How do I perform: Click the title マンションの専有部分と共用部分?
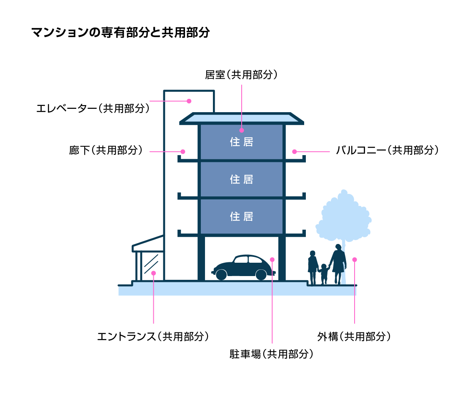(121, 33)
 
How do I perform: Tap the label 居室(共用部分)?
(241, 75)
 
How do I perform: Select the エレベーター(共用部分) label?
(93, 108)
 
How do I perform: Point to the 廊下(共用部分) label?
(106, 150)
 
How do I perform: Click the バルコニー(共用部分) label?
(387, 150)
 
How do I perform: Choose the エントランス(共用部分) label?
(153, 337)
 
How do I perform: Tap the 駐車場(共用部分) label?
(271, 354)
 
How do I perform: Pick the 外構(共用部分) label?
(354, 337)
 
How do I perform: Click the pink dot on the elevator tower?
(189, 101)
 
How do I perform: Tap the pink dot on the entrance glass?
(153, 273)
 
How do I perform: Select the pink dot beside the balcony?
(295, 152)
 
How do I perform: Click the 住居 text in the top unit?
(242, 142)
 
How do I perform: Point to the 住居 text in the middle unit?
(242, 179)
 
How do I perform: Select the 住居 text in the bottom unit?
(242, 216)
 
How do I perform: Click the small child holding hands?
(324, 274)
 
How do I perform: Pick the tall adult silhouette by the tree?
(338, 264)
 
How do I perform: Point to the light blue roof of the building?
(242, 118)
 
